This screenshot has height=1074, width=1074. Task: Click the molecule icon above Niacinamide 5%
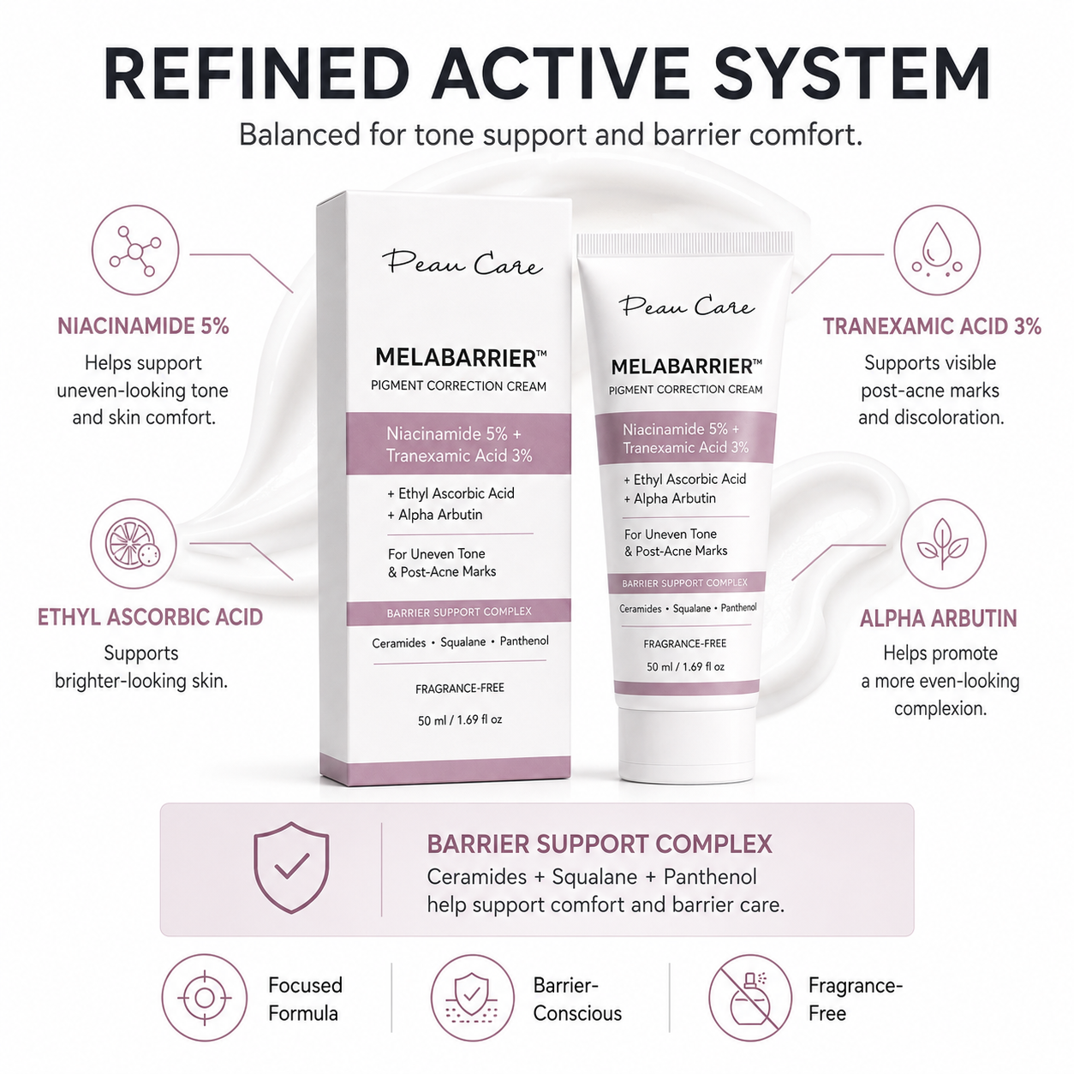pyautogui.click(x=135, y=250)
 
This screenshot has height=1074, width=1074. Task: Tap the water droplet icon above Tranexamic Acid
pyautogui.click(x=937, y=250)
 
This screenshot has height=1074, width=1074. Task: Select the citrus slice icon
pyautogui.click(x=134, y=543)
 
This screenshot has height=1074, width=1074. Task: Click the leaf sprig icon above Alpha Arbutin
pyautogui.click(x=943, y=543)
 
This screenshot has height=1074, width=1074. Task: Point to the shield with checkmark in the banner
pyautogui.click(x=291, y=868)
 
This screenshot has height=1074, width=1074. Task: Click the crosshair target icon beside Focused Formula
pyautogui.click(x=204, y=998)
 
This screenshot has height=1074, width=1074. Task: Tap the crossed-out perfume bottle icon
pyautogui.click(x=749, y=998)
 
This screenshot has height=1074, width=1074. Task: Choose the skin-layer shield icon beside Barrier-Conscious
pyautogui.click(x=472, y=998)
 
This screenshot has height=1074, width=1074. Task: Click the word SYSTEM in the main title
pyautogui.click(x=852, y=74)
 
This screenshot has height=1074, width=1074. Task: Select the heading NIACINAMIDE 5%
pyautogui.click(x=143, y=326)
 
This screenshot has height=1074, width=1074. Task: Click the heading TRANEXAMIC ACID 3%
pyautogui.click(x=932, y=326)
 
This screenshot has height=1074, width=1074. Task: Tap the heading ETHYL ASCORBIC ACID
pyautogui.click(x=150, y=618)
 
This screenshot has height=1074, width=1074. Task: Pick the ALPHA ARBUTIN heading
pyautogui.click(x=939, y=618)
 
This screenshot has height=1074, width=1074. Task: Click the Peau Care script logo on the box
pyautogui.click(x=462, y=263)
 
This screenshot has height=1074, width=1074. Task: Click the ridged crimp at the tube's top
pyautogui.click(x=685, y=244)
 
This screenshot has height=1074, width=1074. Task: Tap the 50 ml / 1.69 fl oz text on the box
pyautogui.click(x=460, y=720)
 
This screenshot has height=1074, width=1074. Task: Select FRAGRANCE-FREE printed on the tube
pyautogui.click(x=684, y=644)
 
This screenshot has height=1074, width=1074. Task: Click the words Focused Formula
pyautogui.click(x=305, y=999)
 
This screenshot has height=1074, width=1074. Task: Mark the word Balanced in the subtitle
pyautogui.click(x=299, y=134)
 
